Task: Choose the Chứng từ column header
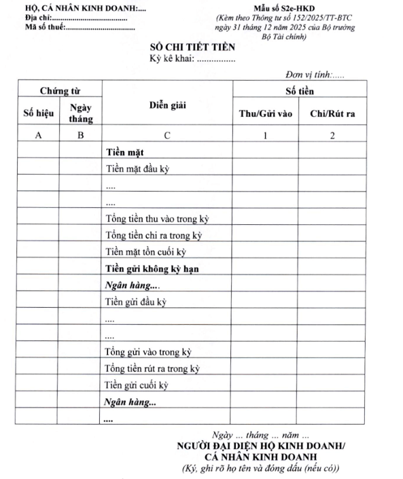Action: pyautogui.click(x=59, y=90)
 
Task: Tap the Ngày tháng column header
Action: pyautogui.click(x=80, y=113)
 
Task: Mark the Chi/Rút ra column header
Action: pyautogui.click(x=332, y=113)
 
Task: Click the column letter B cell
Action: pyautogui.click(x=80, y=136)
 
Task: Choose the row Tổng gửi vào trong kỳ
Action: pyautogui.click(x=148, y=351)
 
